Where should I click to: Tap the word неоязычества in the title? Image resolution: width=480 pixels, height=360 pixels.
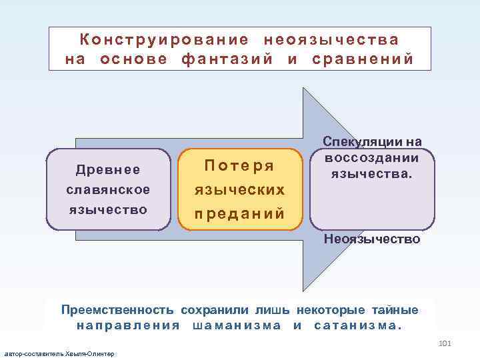click(331, 40)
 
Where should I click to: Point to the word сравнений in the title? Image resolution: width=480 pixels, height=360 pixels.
click(363, 59)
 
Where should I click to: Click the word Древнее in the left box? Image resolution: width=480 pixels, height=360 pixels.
click(108, 170)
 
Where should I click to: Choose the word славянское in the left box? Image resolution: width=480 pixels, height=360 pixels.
click(108, 190)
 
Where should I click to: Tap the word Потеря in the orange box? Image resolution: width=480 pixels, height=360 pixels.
click(239, 165)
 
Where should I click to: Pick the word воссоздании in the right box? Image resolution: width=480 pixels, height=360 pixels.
click(372, 158)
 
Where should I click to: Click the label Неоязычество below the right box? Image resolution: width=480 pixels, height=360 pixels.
click(372, 239)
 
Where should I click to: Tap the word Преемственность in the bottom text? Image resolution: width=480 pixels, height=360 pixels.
click(117, 310)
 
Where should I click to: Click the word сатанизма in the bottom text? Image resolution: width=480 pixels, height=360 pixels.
click(357, 325)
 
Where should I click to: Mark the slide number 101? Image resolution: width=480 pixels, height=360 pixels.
click(446, 343)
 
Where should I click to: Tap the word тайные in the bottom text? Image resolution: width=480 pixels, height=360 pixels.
click(399, 310)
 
